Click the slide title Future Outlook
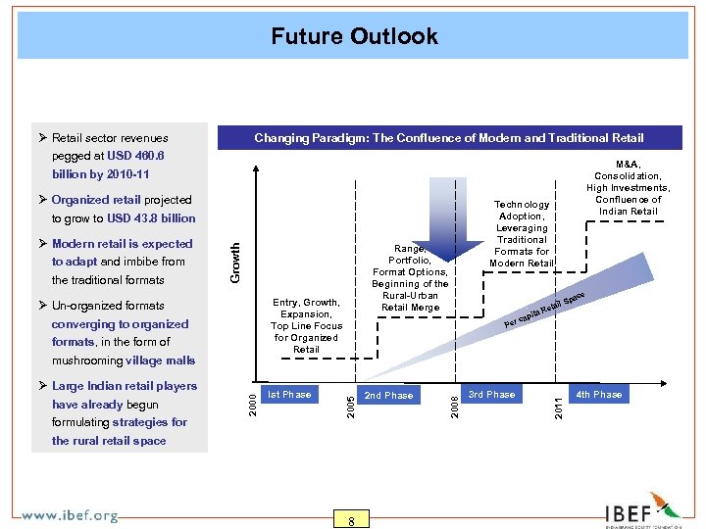click(x=354, y=36)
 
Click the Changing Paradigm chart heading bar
click(x=449, y=138)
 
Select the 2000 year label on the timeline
click(x=251, y=399)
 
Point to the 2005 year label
click(x=351, y=400)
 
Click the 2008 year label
click(x=452, y=400)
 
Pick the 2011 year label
click(x=559, y=400)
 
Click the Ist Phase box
click(x=290, y=395)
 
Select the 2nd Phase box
click(x=389, y=396)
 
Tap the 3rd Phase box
click(x=491, y=395)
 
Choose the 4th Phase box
click(x=598, y=395)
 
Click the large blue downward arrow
click(x=453, y=211)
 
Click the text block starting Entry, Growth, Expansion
click(x=306, y=326)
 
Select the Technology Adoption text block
click(x=523, y=233)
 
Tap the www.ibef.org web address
click(x=70, y=515)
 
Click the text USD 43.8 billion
click(x=152, y=218)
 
